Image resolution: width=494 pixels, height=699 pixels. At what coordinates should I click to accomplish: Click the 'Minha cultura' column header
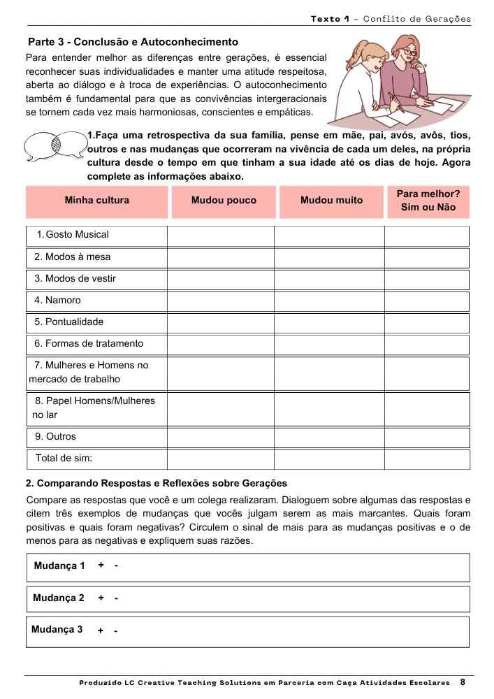click(x=96, y=201)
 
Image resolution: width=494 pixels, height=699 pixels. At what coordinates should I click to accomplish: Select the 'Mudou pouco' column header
click(x=224, y=201)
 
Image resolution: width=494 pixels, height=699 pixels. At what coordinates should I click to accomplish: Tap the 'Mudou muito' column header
click(x=331, y=201)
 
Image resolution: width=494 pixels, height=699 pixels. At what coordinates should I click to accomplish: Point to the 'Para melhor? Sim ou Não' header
click(x=428, y=201)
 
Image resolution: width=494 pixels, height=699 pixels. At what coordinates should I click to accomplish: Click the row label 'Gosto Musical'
click(x=77, y=235)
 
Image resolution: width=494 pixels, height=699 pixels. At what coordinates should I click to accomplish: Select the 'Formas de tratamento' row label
click(x=89, y=344)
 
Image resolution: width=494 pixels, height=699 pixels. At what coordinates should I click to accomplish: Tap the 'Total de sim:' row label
click(x=64, y=459)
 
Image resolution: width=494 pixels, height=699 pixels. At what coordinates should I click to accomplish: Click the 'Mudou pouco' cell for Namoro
click(x=220, y=301)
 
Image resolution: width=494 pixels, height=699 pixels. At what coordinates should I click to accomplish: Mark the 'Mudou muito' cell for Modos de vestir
click(x=328, y=279)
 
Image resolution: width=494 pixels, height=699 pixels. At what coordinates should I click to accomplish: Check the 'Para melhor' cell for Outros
click(x=426, y=437)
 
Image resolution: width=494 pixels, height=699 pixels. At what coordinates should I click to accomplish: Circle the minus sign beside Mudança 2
click(x=116, y=599)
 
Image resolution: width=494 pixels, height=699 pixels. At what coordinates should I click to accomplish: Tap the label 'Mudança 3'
click(x=57, y=630)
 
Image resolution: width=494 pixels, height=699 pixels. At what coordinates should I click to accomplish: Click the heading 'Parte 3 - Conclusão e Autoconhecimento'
click(x=133, y=43)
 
